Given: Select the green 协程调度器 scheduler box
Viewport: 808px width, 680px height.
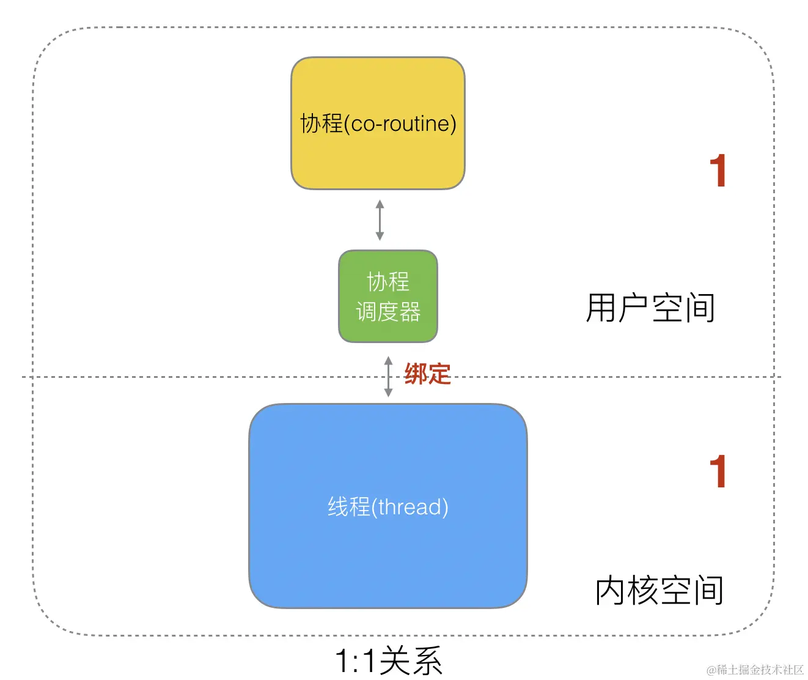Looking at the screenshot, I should (388, 297).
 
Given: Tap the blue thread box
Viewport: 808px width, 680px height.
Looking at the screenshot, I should (387, 550).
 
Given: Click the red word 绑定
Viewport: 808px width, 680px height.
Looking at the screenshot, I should (427, 374).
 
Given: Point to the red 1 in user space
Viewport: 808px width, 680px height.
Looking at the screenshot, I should (718, 171).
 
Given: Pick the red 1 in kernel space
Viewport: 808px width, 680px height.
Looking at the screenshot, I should (718, 471).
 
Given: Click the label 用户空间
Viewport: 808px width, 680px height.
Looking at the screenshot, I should (650, 308).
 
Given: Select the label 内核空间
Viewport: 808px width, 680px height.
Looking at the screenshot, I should (659, 590).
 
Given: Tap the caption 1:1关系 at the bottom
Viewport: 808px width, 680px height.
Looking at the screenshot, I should (388, 661).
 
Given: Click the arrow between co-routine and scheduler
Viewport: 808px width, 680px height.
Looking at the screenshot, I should (380, 220).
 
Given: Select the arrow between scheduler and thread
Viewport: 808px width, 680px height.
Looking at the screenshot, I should (388, 377).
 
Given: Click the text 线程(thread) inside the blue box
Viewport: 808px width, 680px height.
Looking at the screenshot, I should (388, 507).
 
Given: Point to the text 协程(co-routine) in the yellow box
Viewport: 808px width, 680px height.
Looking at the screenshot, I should (378, 124).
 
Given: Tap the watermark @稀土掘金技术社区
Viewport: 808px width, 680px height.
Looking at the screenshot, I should (755, 670).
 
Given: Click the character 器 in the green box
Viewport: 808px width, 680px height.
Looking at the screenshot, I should (410, 312).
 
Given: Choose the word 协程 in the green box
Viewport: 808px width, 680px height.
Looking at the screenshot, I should (388, 282).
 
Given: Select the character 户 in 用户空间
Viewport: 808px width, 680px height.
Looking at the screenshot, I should (633, 308).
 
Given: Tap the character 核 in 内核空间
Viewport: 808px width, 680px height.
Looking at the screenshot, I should (642, 590).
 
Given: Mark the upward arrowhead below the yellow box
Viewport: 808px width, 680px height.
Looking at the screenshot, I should (380, 204).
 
